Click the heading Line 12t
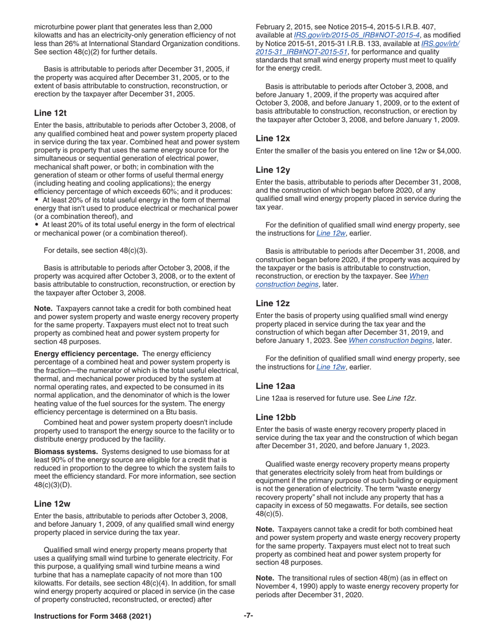point(50,113)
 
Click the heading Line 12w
point(52,504)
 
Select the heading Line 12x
point(273,138)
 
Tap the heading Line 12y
point(273,170)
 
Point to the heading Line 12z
point(273,303)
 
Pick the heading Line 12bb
point(275,417)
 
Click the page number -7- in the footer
point(249,616)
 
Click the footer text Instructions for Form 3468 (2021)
point(93,616)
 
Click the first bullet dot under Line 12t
point(37,199)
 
